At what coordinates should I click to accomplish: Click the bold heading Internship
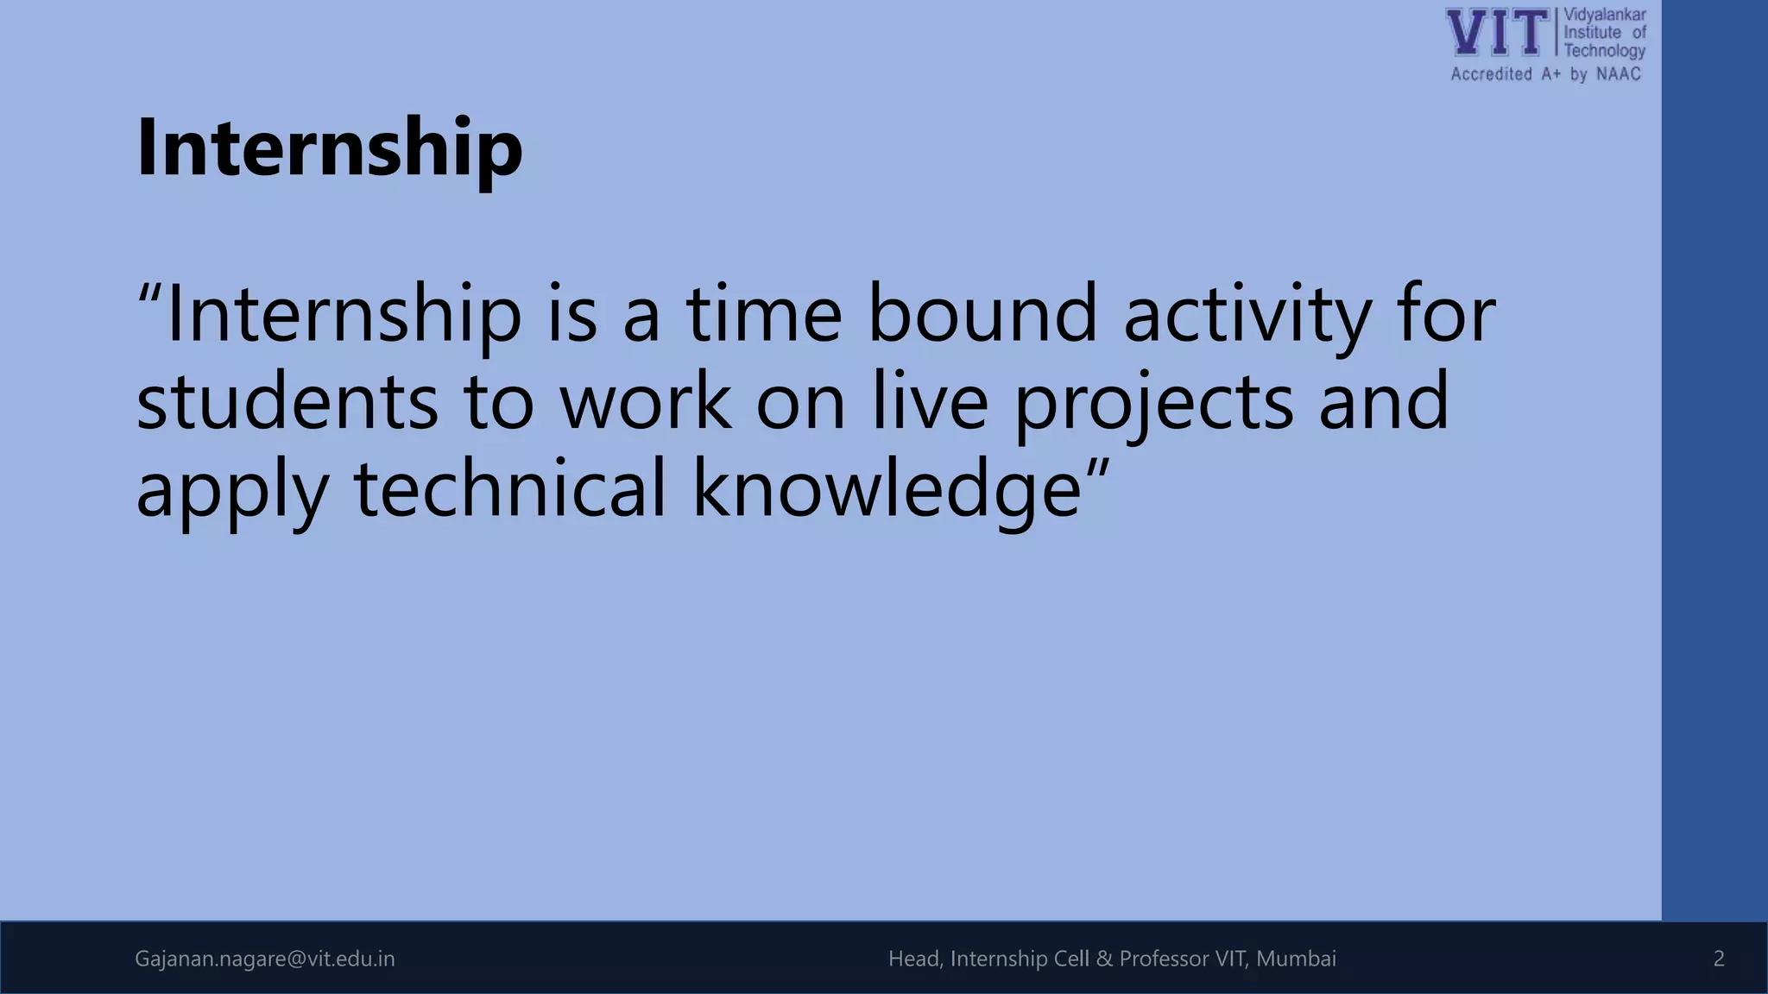click(329, 148)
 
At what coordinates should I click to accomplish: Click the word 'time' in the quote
click(764, 313)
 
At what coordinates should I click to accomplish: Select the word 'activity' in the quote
click(1247, 315)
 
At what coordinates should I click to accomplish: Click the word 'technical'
click(510, 488)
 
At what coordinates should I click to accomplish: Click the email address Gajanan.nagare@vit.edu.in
click(265, 959)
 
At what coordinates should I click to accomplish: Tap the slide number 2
click(1718, 959)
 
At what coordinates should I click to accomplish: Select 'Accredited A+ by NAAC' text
click(1545, 74)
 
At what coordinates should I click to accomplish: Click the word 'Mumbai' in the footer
click(1296, 959)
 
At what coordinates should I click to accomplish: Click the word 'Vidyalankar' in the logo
click(1605, 15)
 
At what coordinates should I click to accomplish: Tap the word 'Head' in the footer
click(915, 959)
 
